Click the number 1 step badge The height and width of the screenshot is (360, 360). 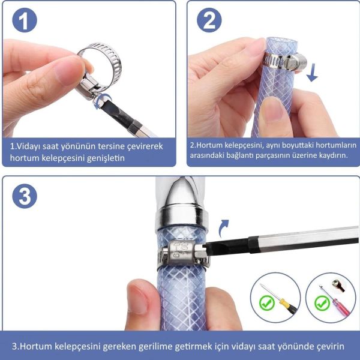coord(25,20)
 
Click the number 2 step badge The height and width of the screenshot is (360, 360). coord(209,20)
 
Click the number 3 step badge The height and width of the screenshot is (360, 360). coord(25,196)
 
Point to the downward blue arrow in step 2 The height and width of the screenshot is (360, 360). coord(312,73)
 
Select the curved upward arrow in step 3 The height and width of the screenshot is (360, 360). coord(224,228)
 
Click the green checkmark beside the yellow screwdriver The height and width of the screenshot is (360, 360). coord(267,303)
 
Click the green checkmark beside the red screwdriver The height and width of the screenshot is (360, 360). coord(322,303)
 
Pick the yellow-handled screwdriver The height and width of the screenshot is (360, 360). coord(279,298)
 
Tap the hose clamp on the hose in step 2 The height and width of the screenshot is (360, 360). coord(285,61)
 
